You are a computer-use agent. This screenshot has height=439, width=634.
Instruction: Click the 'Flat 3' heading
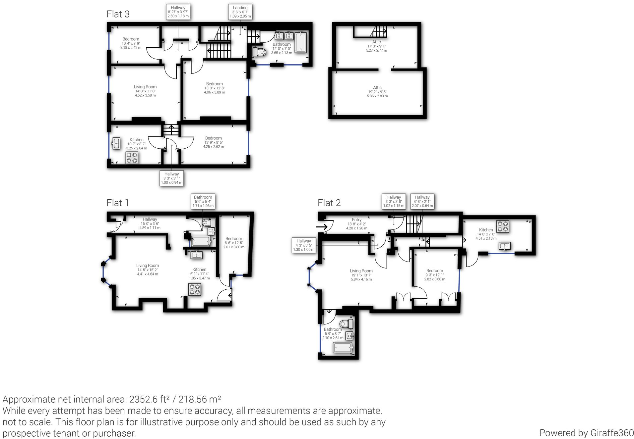[x=118, y=14]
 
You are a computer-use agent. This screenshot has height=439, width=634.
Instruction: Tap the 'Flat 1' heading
[x=117, y=203]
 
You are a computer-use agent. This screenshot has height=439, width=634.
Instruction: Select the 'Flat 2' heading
[x=329, y=203]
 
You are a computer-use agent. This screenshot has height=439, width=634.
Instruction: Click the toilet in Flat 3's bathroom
[x=260, y=52]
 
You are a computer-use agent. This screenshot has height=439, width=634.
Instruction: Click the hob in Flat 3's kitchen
[x=132, y=158]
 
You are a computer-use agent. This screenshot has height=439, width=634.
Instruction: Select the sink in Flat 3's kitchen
[x=116, y=143]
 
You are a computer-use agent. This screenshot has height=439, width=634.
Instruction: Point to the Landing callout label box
[x=240, y=12]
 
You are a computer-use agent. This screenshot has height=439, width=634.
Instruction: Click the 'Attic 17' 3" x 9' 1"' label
[x=376, y=46]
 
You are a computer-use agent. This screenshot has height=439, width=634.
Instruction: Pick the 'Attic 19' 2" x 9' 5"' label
[x=377, y=92]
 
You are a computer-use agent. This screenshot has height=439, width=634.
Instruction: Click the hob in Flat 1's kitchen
[x=195, y=290]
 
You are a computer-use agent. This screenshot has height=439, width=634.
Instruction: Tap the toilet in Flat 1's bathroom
[x=208, y=222]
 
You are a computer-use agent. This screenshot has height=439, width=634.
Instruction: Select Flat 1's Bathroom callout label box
[x=203, y=201]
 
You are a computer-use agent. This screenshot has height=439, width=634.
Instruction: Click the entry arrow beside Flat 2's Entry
[x=322, y=227]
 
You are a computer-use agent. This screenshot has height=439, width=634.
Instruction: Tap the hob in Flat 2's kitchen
[x=502, y=226]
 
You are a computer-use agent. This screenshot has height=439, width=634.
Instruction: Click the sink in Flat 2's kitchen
[x=504, y=246]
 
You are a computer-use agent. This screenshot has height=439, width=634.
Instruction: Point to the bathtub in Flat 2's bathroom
[x=343, y=348]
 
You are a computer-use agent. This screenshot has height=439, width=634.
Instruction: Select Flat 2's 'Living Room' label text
[x=361, y=271]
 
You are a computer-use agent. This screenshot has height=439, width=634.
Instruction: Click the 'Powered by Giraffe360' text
[x=586, y=433]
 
